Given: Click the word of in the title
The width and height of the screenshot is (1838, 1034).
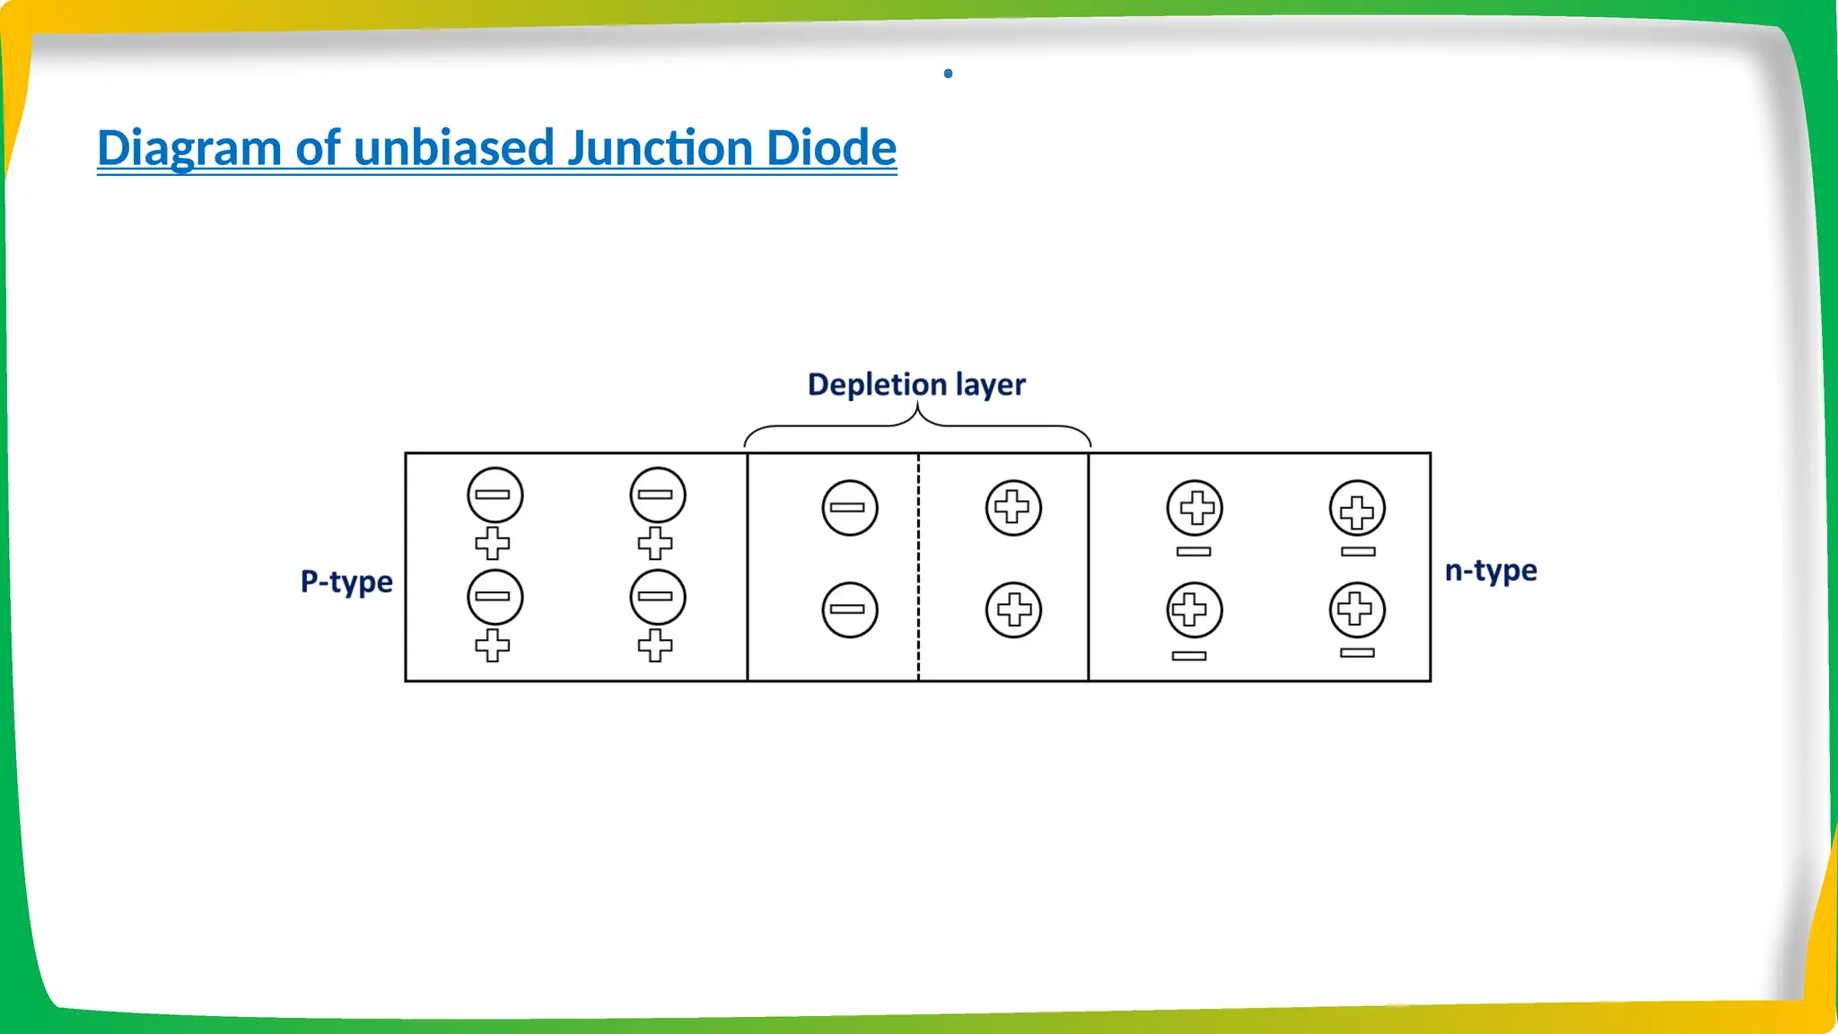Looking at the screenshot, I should click(318, 148).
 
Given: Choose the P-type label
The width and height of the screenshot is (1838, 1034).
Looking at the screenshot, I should click(346, 582).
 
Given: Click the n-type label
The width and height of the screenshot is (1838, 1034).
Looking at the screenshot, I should click(1491, 571).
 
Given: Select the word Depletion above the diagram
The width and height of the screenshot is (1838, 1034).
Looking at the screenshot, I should click(877, 384).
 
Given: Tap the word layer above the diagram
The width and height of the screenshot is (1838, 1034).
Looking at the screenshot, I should click(990, 385).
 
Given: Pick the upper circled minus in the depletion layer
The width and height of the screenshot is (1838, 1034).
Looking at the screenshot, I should click(849, 508).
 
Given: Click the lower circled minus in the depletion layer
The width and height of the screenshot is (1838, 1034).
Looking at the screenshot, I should click(849, 610).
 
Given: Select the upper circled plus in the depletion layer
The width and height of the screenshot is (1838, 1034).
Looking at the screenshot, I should click(1013, 508).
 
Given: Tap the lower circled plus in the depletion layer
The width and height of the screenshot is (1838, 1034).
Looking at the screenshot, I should click(1013, 610).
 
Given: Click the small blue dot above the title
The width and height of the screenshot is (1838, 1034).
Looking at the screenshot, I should click(948, 74).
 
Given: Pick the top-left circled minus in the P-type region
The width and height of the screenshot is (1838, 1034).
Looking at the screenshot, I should click(495, 495).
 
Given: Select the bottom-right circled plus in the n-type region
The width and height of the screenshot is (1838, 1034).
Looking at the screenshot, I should click(1357, 610).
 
